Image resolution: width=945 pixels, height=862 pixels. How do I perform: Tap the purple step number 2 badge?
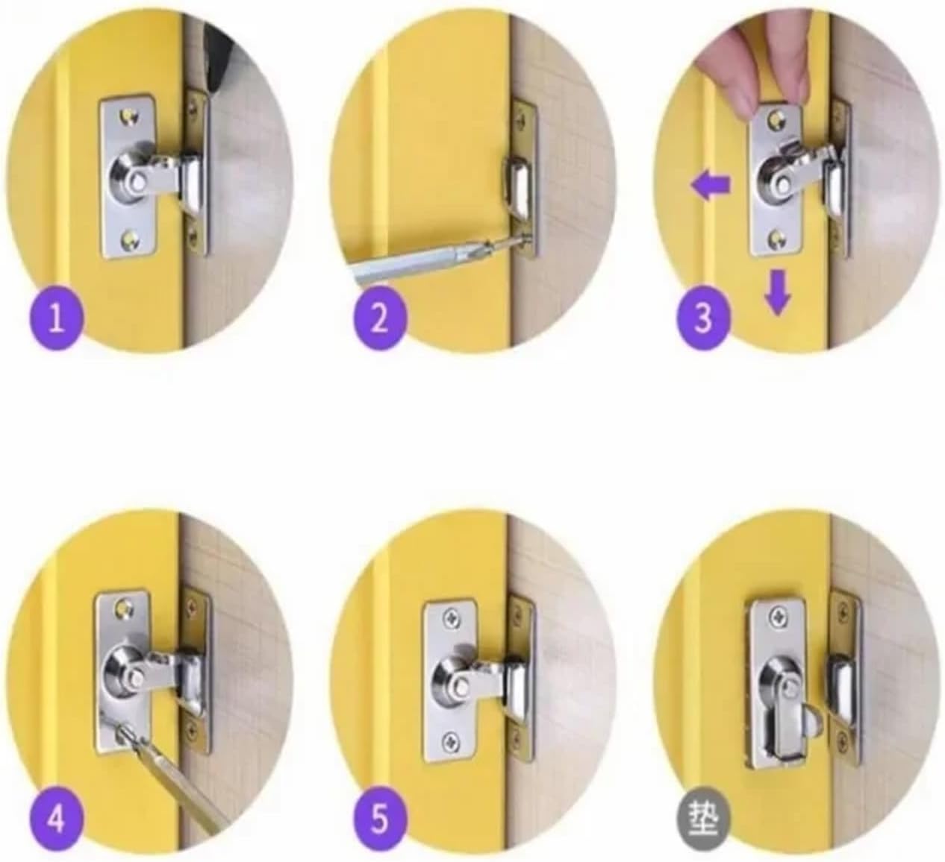pyautogui.click(x=380, y=320)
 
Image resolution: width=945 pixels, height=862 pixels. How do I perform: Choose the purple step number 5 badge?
pyautogui.click(x=380, y=820)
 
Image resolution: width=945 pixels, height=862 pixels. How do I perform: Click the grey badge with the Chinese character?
pyautogui.click(x=703, y=820)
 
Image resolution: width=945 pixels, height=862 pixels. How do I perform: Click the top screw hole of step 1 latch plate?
pyautogui.click(x=131, y=116)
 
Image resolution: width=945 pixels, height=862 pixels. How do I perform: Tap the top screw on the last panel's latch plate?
pyautogui.click(x=778, y=617)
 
